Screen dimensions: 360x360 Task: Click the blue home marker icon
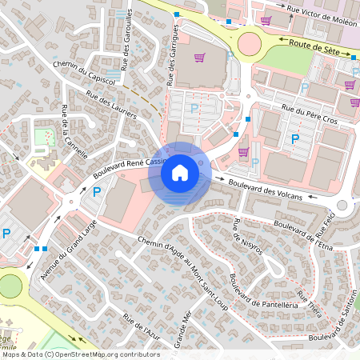[x=180, y=172]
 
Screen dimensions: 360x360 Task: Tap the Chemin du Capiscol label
[x=82, y=70]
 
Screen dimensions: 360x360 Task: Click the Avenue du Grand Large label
[x=67, y=248]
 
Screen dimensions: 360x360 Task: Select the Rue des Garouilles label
[x=126, y=56]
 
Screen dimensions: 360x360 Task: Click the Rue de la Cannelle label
[x=74, y=132]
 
